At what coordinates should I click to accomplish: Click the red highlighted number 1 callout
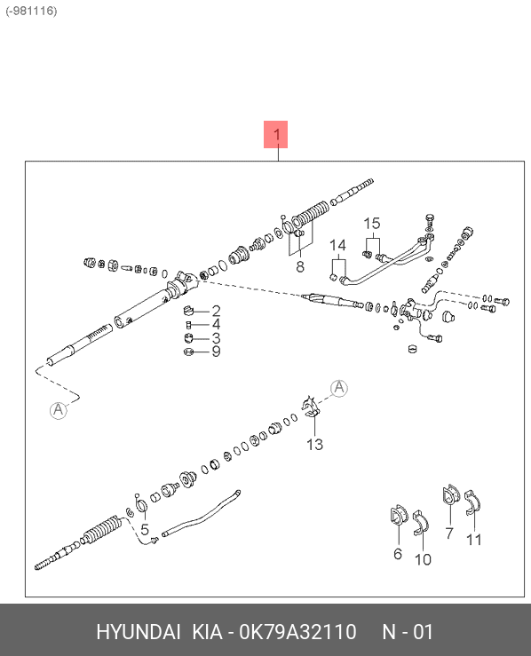pyautogui.click(x=275, y=134)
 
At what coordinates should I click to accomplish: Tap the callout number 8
pyautogui.click(x=300, y=266)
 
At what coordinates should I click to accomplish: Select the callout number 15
pyautogui.click(x=371, y=224)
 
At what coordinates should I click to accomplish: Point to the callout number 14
pyautogui.click(x=337, y=245)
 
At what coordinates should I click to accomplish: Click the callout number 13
pyautogui.click(x=314, y=445)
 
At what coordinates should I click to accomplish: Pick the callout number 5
pyautogui.click(x=145, y=529)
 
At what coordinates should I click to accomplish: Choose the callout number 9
pyautogui.click(x=216, y=351)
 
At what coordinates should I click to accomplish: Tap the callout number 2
pyautogui.click(x=216, y=311)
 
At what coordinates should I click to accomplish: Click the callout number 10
pyautogui.click(x=423, y=559)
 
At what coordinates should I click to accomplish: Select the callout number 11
pyautogui.click(x=473, y=540)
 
